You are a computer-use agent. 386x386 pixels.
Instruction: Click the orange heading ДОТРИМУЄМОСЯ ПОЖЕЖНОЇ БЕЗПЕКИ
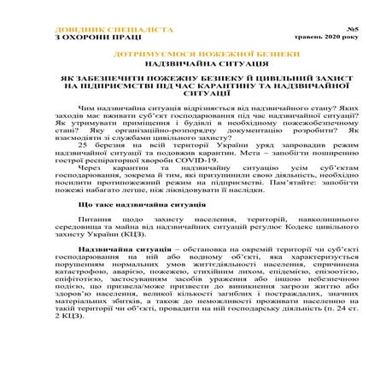click(192, 54)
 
